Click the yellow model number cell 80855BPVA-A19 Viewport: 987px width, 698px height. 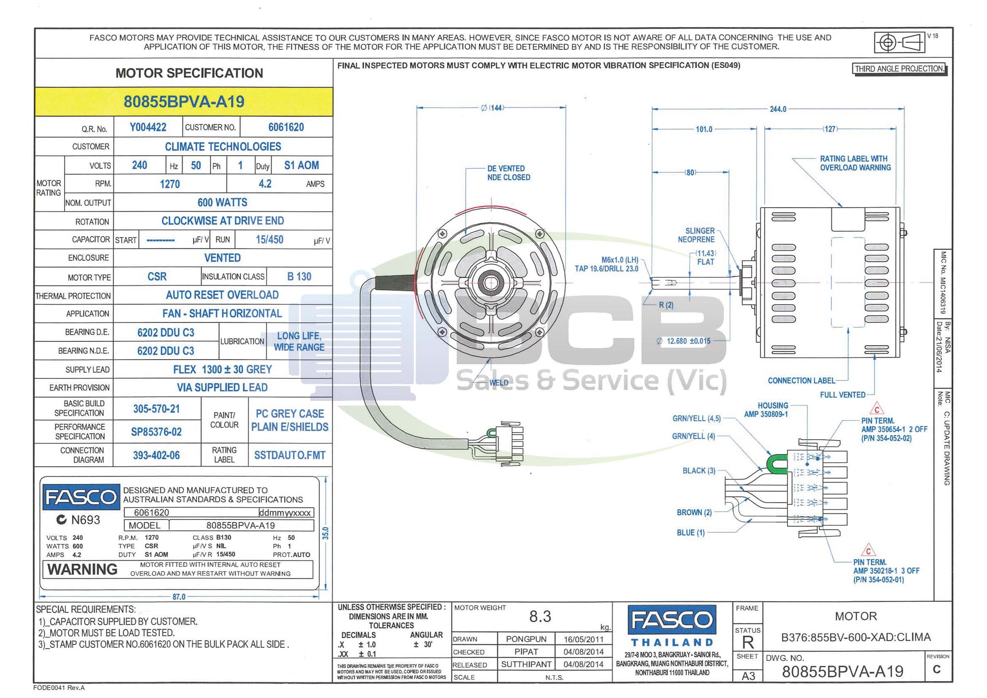pyautogui.click(x=184, y=102)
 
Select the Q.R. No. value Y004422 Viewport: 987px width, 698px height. pyautogui.click(x=148, y=127)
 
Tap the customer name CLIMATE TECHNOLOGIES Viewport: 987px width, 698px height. pyautogui.click(x=223, y=147)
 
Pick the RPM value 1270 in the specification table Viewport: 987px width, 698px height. pyautogui.click(x=170, y=184)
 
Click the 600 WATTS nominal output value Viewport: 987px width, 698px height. pyautogui.click(x=222, y=202)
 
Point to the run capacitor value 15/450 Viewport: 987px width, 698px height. pyautogui.click(x=269, y=240)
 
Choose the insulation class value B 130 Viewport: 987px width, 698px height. pyautogui.click(x=299, y=277)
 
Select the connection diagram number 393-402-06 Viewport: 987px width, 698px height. pyautogui.click(x=156, y=455)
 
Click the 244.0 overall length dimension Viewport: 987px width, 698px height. pyautogui.click(x=778, y=109)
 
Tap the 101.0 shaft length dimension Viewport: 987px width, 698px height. pyautogui.click(x=704, y=129)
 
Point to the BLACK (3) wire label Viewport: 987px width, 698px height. pyautogui.click(x=699, y=470)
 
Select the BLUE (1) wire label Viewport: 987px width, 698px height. pyautogui.click(x=691, y=533)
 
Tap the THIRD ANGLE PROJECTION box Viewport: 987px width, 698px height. pyautogui.click(x=899, y=69)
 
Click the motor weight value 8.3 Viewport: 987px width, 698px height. pyautogui.click(x=540, y=617)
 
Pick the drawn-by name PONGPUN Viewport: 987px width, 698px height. pyautogui.click(x=526, y=639)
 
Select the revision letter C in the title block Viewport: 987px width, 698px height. pyautogui.click(x=936, y=670)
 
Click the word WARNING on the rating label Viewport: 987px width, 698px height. pyautogui.click(x=82, y=570)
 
